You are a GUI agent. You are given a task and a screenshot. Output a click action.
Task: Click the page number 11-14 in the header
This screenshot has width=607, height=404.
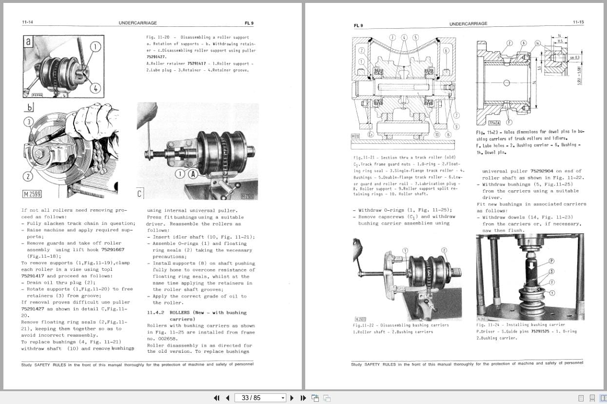coord(27,22)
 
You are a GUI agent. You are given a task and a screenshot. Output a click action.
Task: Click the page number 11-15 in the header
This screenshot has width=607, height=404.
coord(578,22)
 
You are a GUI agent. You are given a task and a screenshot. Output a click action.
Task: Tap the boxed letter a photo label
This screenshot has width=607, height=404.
coord(28,42)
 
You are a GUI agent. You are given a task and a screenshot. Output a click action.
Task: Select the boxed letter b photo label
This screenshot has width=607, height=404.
coord(30,107)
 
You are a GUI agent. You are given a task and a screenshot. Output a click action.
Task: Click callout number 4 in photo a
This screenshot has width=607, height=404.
coord(95,88)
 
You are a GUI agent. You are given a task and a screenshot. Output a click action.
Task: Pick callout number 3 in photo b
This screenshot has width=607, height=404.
coord(29,121)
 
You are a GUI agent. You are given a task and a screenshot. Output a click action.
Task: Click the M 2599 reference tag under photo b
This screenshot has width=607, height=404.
coord(32,194)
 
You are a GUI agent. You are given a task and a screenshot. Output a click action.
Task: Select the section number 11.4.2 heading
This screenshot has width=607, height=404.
coord(157,312)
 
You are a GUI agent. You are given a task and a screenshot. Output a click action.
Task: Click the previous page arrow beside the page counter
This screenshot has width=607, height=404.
coord(227,398)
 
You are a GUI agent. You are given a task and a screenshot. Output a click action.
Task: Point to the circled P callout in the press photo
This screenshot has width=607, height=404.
coord(552,261)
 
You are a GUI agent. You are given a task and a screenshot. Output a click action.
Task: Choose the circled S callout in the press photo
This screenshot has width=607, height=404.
coord(552,271)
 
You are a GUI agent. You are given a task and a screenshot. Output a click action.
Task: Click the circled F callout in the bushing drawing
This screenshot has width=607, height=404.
coord(509,122)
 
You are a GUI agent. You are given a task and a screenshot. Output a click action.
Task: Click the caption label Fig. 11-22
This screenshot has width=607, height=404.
coord(364,325)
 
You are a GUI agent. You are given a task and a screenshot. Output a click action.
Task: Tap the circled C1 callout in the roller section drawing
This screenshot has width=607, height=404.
coord(371,134)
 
